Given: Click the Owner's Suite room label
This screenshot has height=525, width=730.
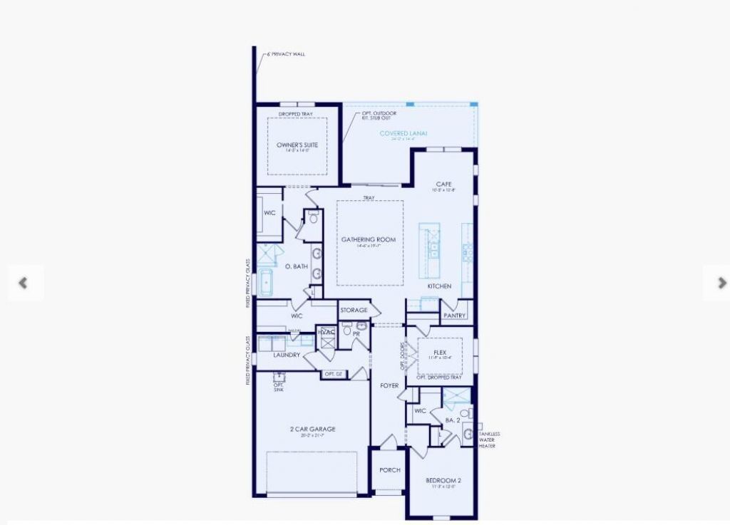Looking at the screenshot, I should tap(297, 145).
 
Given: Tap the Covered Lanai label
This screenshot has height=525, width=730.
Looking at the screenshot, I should tap(403, 133).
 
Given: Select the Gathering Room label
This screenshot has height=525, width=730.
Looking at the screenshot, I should tap(368, 239).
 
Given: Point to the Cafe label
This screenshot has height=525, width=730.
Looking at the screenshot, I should tap(444, 184).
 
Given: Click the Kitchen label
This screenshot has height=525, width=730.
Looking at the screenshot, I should tap(439, 286).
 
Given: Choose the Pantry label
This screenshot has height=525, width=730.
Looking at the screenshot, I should tap(454, 316).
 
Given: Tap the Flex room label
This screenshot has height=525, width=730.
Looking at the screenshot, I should tap(440, 351).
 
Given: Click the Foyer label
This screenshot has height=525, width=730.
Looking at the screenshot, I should tap(389, 386).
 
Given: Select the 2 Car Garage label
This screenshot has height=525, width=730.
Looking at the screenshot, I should tap(312, 429).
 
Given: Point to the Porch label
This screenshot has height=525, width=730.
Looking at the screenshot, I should tap(389, 470).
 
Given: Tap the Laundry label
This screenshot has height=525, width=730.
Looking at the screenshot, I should tap(287, 354).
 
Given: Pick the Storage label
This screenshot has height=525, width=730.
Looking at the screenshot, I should tap(354, 310).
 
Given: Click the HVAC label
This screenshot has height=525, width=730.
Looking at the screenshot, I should tap(326, 332).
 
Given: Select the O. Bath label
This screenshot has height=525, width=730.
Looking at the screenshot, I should tap(296, 266).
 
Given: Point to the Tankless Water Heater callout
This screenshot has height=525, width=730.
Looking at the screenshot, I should tap(489, 440).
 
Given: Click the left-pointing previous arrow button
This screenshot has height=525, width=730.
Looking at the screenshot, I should tap(24, 283).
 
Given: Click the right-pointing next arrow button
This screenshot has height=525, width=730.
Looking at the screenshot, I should tap(721, 283).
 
